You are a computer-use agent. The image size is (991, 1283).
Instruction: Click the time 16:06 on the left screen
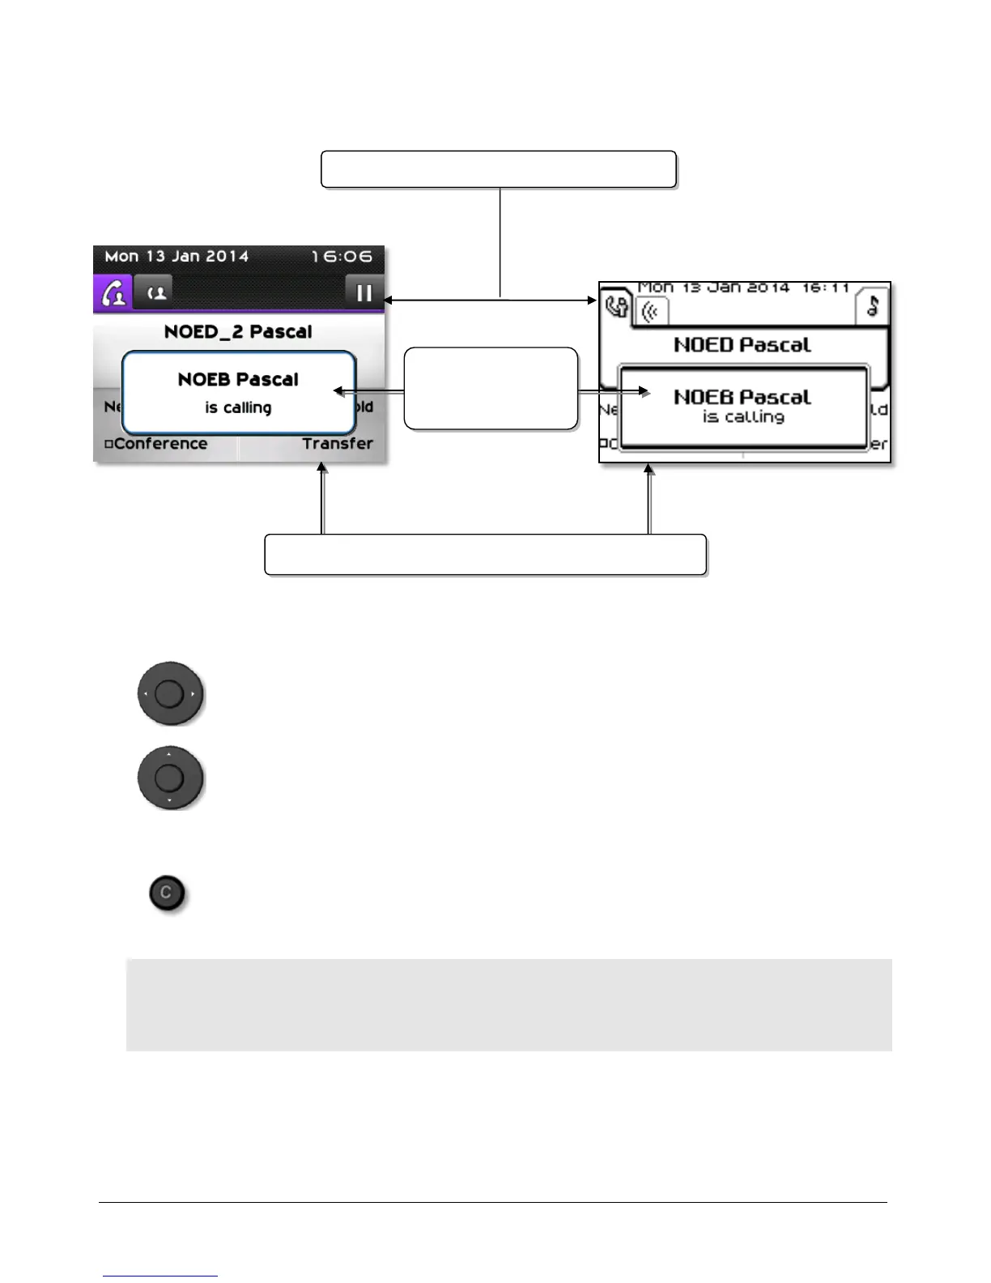(342, 257)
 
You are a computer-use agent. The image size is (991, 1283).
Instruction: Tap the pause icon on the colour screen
(364, 292)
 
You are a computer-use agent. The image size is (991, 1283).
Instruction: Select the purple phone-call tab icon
(113, 293)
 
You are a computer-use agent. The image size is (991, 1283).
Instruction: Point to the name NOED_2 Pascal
(238, 331)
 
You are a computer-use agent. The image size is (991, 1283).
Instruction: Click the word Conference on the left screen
(159, 444)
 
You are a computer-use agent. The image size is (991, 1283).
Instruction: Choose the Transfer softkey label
(338, 444)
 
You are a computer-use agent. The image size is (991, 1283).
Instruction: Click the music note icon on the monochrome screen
(872, 305)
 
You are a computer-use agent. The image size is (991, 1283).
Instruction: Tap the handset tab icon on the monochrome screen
(616, 307)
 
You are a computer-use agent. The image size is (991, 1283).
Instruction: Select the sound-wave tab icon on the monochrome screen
(650, 311)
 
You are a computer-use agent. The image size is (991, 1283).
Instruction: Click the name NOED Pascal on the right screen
(742, 345)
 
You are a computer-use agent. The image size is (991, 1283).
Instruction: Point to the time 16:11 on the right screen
(825, 288)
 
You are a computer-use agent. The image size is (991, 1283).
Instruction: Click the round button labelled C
(167, 893)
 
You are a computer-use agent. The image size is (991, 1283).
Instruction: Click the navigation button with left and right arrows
(169, 694)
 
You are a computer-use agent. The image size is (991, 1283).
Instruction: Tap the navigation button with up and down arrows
(169, 778)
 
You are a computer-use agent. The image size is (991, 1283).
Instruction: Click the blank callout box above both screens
(498, 169)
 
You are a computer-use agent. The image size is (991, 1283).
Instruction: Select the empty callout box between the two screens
(491, 388)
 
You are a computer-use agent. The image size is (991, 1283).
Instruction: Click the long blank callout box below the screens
(485, 555)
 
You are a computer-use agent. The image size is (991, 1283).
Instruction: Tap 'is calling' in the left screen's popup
(238, 407)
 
